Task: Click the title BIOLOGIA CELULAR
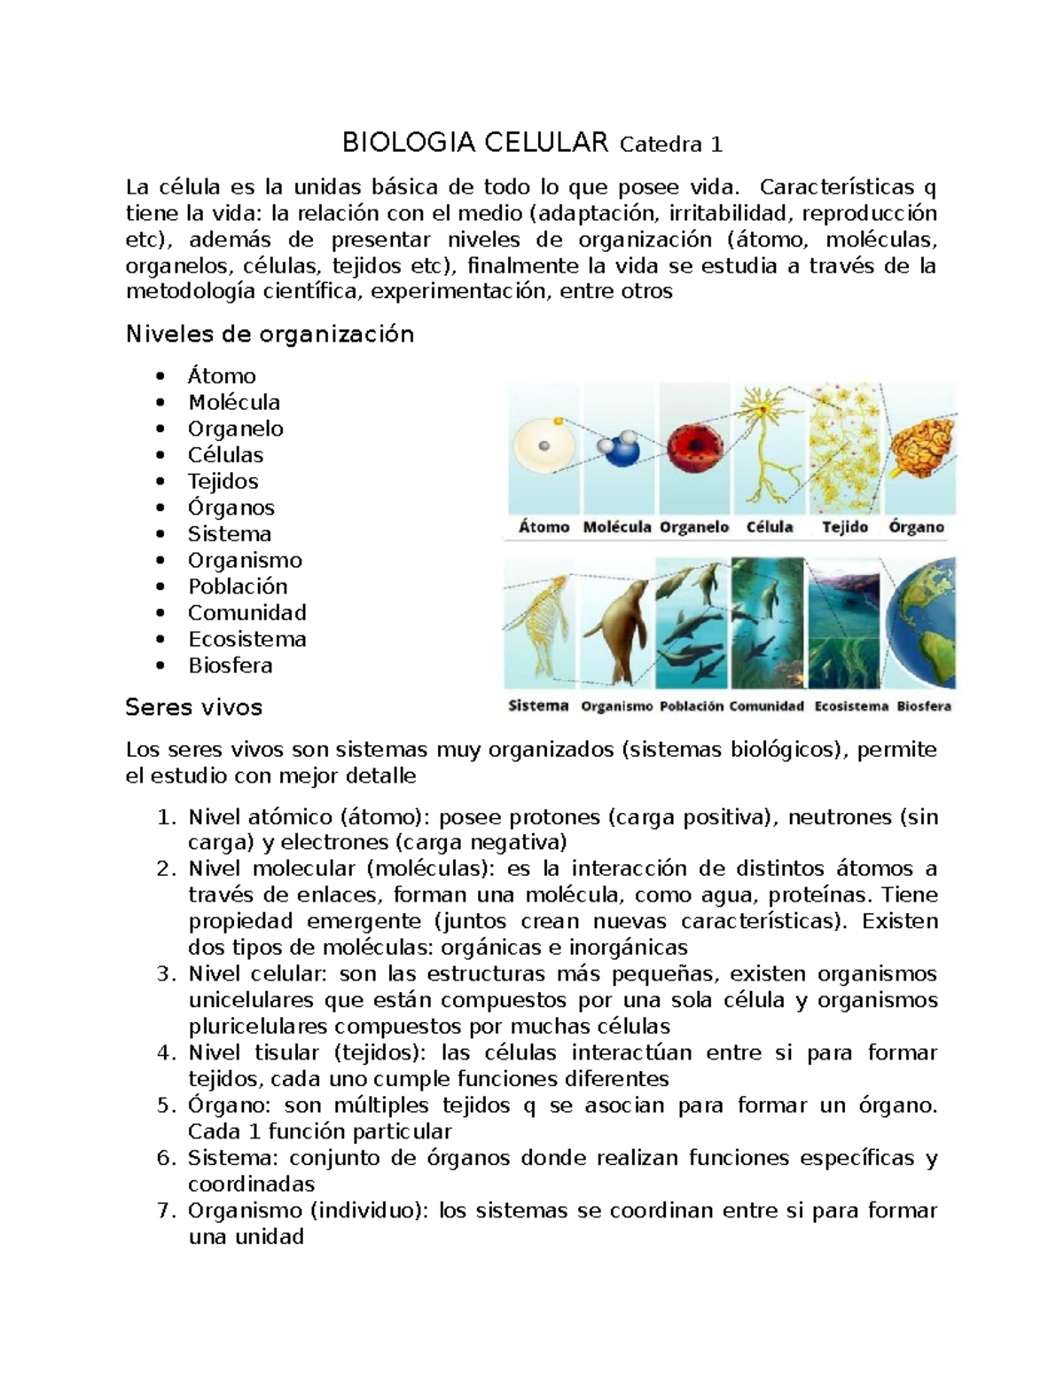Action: pyautogui.click(x=475, y=142)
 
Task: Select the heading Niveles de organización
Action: pyautogui.click(x=270, y=335)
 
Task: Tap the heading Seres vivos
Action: pyautogui.click(x=194, y=707)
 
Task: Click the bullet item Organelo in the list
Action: pyautogui.click(x=235, y=429)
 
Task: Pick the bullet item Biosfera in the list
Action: pyautogui.click(x=230, y=665)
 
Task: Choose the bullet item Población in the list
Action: pyautogui.click(x=238, y=587)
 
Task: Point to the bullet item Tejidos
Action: pyautogui.click(x=223, y=481)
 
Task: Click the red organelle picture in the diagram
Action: pyautogui.click(x=693, y=447)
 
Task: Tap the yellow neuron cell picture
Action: pyautogui.click(x=768, y=448)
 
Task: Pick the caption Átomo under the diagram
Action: pyautogui.click(x=544, y=527)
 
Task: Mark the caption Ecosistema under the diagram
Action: pyautogui.click(x=850, y=706)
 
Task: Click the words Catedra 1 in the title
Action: pyautogui.click(x=671, y=144)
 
